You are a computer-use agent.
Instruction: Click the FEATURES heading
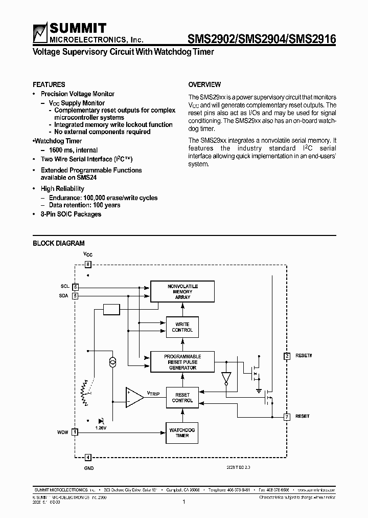(x=49, y=84)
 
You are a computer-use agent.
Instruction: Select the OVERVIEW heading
(x=204, y=84)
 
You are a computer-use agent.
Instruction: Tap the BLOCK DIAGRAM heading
(x=59, y=243)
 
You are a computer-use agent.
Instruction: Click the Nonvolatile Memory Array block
(x=182, y=291)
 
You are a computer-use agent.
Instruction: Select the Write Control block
(x=182, y=327)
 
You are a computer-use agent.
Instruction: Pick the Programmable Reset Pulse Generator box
(x=182, y=362)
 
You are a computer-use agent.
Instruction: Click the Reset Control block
(x=182, y=398)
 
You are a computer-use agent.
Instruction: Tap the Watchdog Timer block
(x=182, y=433)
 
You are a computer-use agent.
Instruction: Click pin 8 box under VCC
(x=88, y=265)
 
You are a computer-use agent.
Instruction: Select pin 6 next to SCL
(x=75, y=287)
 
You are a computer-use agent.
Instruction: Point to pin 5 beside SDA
(x=75, y=295)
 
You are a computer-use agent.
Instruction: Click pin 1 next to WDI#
(x=75, y=432)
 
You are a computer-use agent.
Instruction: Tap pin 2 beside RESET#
(x=287, y=356)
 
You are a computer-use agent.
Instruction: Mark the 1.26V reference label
(x=101, y=427)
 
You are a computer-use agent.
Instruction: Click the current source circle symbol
(x=112, y=362)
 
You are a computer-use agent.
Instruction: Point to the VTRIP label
(x=154, y=394)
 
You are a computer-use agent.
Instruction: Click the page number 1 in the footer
(x=183, y=502)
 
